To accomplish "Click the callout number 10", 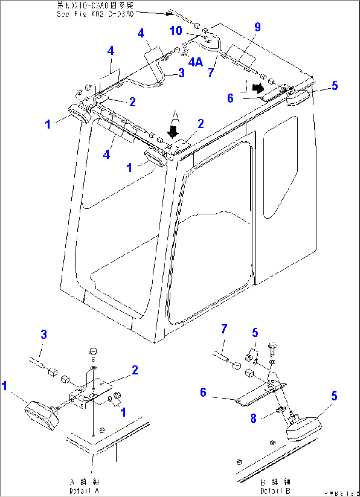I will (x=176, y=31).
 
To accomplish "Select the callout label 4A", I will (x=196, y=62).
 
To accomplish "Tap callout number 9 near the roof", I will (x=257, y=27).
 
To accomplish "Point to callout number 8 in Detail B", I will (x=253, y=418).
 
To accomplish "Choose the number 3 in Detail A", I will (x=44, y=334).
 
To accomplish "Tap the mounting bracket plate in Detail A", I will (x=99, y=390).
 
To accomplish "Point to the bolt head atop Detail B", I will (x=271, y=346).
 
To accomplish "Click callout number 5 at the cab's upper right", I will (x=335, y=86).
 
